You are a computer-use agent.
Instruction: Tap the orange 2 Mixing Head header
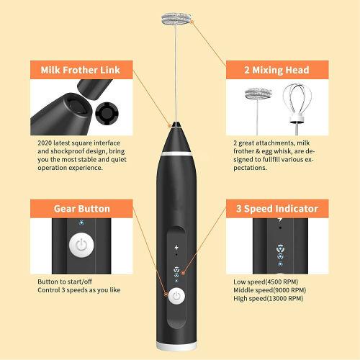[277, 70]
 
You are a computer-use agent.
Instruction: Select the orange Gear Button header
[81, 209]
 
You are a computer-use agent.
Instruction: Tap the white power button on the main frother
[175, 294]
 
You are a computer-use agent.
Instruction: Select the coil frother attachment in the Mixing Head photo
[257, 95]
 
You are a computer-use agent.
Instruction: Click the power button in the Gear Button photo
[81, 245]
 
